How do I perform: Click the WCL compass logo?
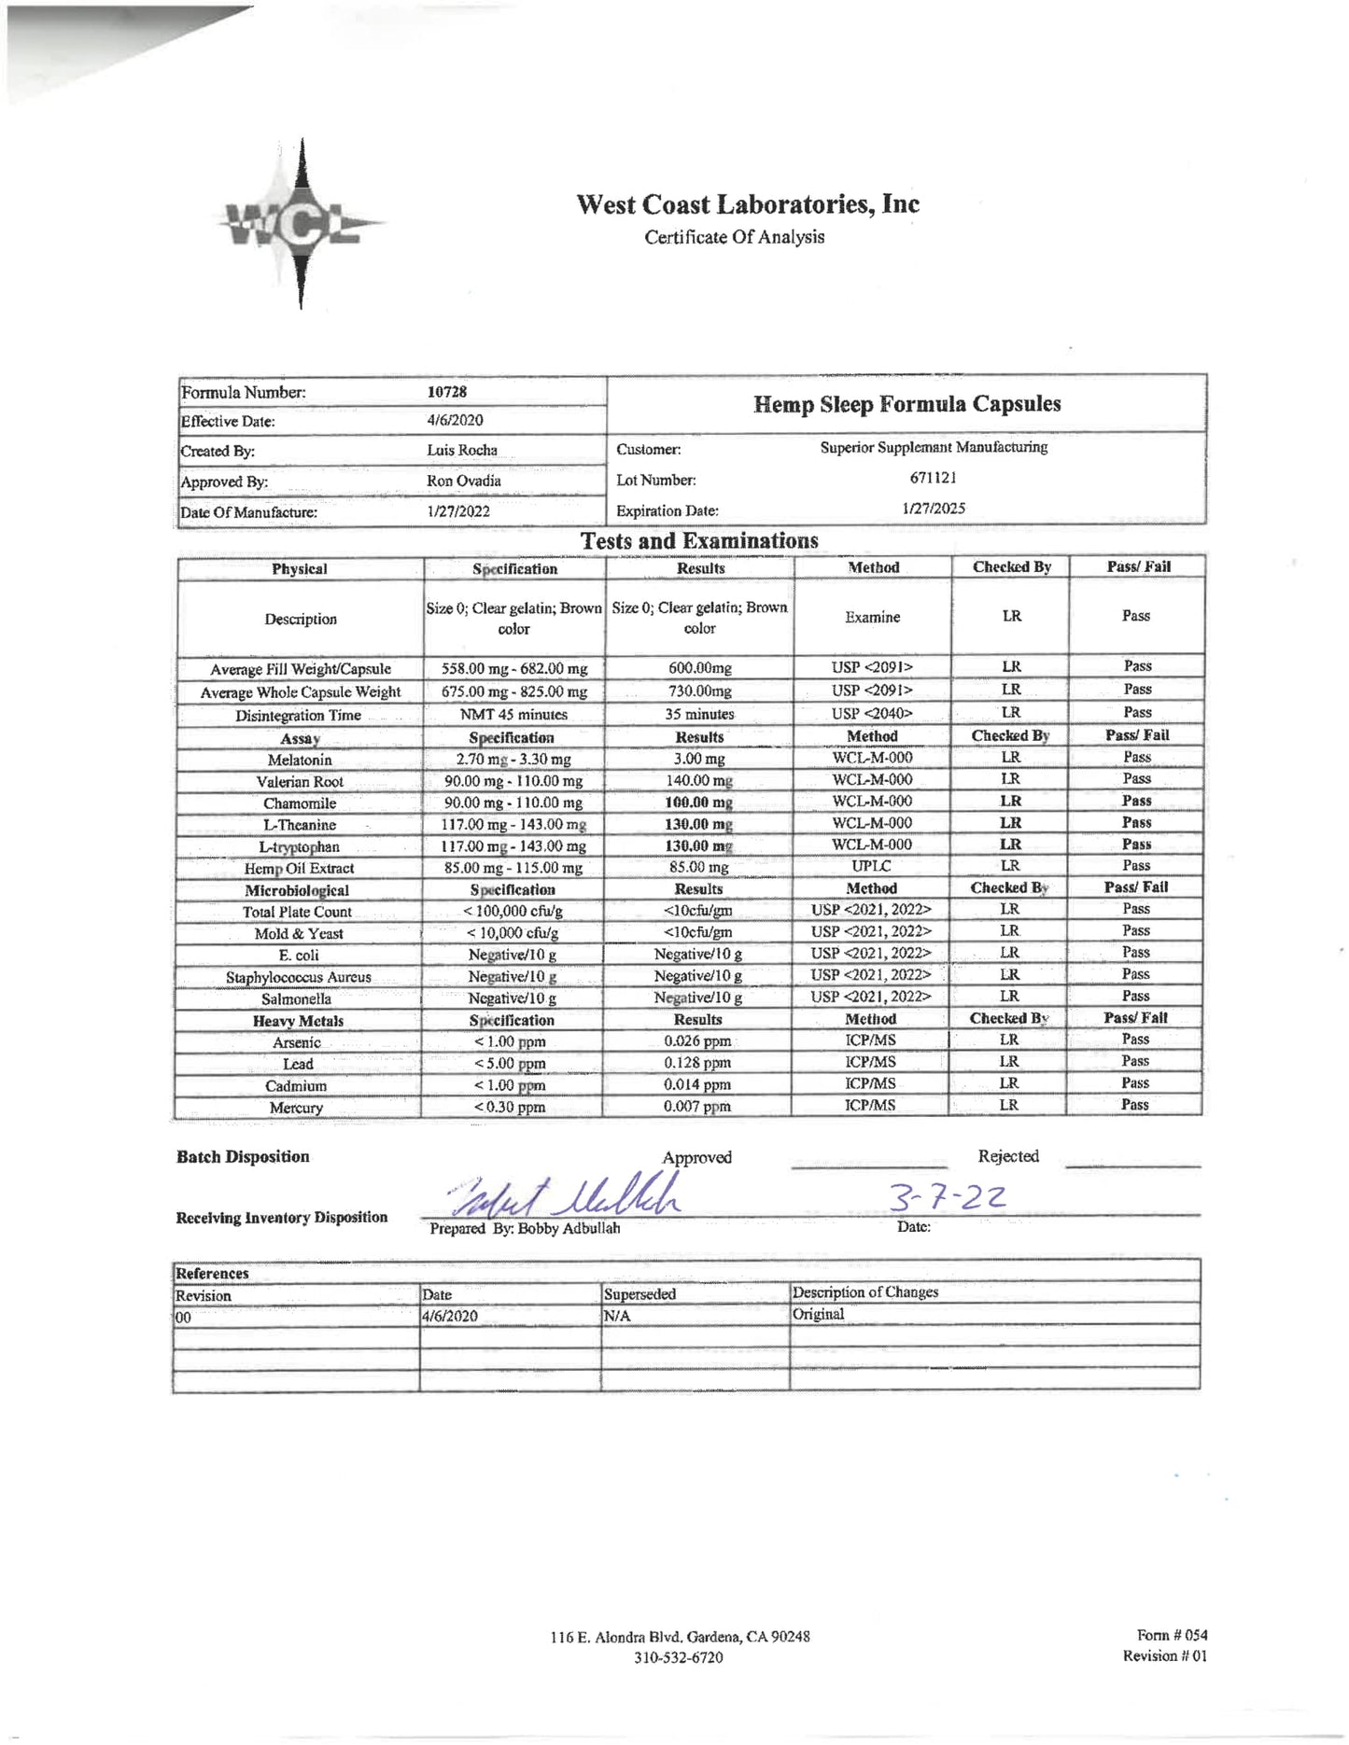pos(300,224)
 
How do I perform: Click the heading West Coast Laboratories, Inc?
pos(747,204)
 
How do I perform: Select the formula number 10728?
pos(447,392)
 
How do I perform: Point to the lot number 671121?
pos(933,478)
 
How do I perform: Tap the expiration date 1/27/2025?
pos(933,509)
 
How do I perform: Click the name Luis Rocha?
pos(462,450)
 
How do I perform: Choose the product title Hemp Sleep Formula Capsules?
pos(906,404)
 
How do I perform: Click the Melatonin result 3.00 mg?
pos(699,759)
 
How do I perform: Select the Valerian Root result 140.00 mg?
pos(699,780)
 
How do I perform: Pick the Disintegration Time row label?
pos(298,716)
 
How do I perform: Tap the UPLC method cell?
pos(871,866)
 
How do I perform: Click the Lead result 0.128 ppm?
pos(697,1063)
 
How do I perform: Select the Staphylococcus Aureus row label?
pos(298,977)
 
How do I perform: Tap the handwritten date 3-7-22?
pos(947,1196)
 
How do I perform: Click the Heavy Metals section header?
pos(298,1021)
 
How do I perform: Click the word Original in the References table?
pos(818,1314)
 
